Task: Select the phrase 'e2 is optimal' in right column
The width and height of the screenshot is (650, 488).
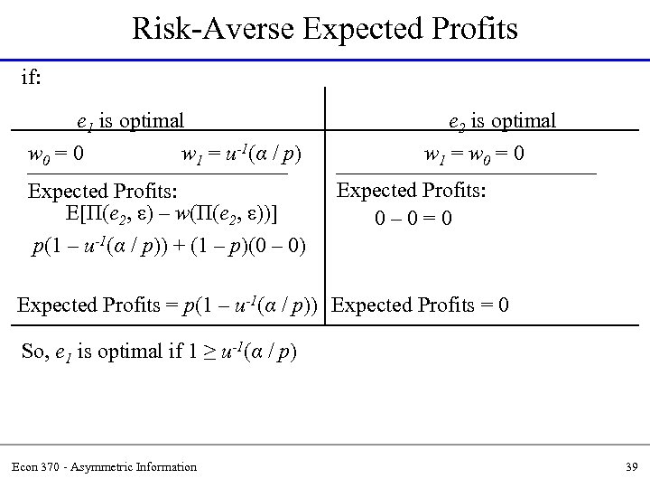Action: (x=503, y=120)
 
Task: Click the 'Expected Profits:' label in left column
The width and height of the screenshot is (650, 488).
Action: (x=103, y=192)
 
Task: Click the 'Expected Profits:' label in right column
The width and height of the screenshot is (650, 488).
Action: (x=411, y=192)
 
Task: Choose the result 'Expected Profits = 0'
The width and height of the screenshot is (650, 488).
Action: (x=421, y=305)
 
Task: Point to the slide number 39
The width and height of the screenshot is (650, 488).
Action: (x=630, y=466)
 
